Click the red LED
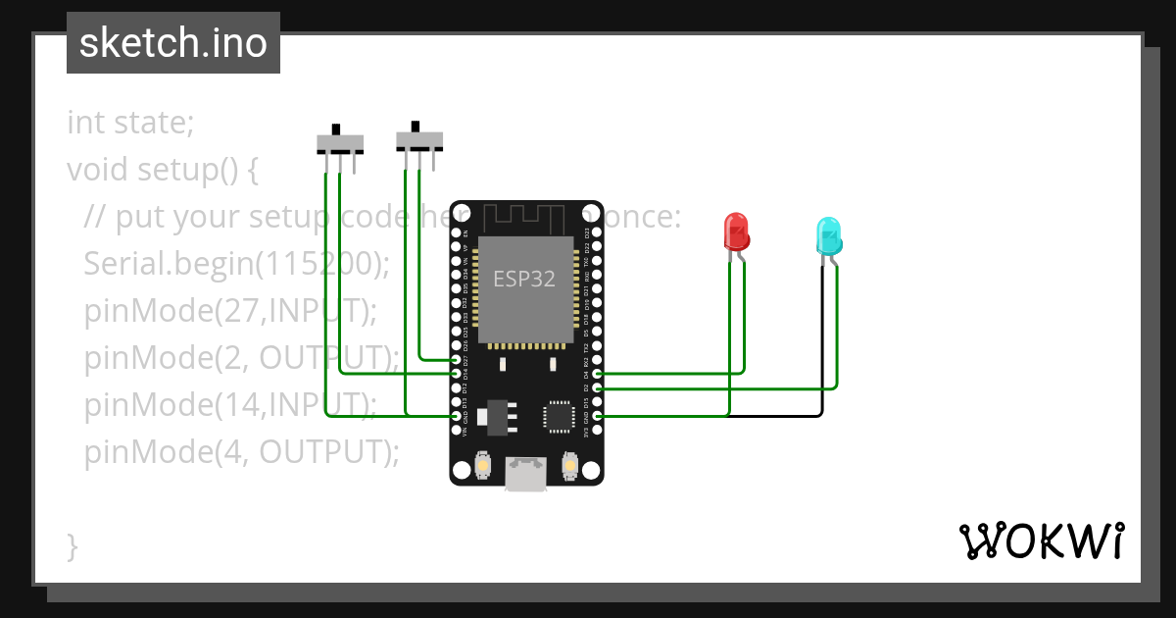pyautogui.click(x=736, y=232)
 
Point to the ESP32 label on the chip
pyautogui.click(x=523, y=279)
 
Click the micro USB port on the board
pyautogui.click(x=527, y=474)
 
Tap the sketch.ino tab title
pyautogui.click(x=172, y=43)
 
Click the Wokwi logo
pyautogui.click(x=1040, y=541)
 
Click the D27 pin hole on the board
pyautogui.click(x=456, y=360)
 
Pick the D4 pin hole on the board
pyautogui.click(x=598, y=374)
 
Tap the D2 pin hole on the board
pyautogui.click(x=598, y=388)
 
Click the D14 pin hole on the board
pyautogui.click(x=456, y=374)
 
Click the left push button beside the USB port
pyautogui.click(x=482, y=464)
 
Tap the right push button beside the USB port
pyautogui.click(x=569, y=464)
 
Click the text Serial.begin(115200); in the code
pyautogui.click(x=236, y=264)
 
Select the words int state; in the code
pyautogui.click(x=130, y=124)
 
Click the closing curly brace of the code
pyautogui.click(x=72, y=545)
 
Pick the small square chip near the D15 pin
pyautogui.click(x=559, y=415)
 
